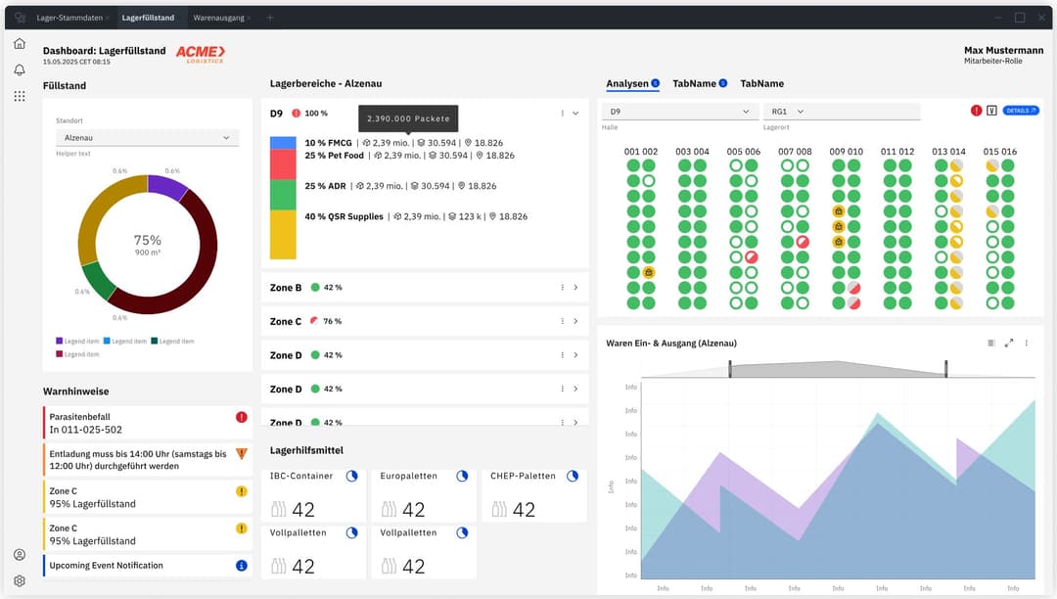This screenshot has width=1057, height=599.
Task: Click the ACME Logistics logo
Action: coord(201,54)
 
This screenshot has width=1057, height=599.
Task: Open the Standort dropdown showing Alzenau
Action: coord(146,138)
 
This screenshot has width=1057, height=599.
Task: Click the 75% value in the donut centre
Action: coord(148,240)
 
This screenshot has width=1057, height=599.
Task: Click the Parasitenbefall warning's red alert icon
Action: coord(242,417)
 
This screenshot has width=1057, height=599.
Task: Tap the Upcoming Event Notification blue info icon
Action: coord(242,566)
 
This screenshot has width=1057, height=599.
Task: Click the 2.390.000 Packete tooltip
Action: coord(408,118)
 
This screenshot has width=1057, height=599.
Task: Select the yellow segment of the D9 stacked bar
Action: coord(283,235)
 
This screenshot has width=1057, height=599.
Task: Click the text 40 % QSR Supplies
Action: coord(344,216)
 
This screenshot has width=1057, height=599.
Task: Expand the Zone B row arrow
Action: coord(575,288)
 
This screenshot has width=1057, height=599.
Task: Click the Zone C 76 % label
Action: coord(331,321)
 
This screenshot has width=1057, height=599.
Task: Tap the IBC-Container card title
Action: coord(301,476)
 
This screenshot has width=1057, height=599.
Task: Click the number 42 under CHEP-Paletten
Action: coord(524,510)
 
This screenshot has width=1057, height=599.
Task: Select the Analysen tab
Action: coord(626,84)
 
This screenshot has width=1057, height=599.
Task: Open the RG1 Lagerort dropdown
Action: coord(842,112)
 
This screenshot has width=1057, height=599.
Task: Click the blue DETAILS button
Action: coord(1021,111)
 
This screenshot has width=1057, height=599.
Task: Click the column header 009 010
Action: coord(847,152)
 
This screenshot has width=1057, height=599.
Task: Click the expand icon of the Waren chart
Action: coord(1009,343)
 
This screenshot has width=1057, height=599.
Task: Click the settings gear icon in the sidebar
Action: coord(20,580)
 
